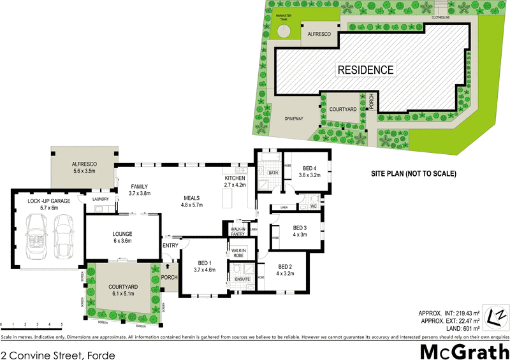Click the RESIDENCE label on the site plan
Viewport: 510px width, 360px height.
[x=365, y=69]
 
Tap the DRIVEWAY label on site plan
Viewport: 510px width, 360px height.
[x=292, y=119]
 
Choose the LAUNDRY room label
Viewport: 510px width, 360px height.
[x=100, y=199]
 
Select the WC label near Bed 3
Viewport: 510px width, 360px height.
[x=313, y=206]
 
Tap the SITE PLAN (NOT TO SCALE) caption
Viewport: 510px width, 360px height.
[x=414, y=173]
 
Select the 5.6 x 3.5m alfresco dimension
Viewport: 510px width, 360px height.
[x=84, y=171]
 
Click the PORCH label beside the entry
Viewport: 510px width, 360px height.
[x=169, y=277]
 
